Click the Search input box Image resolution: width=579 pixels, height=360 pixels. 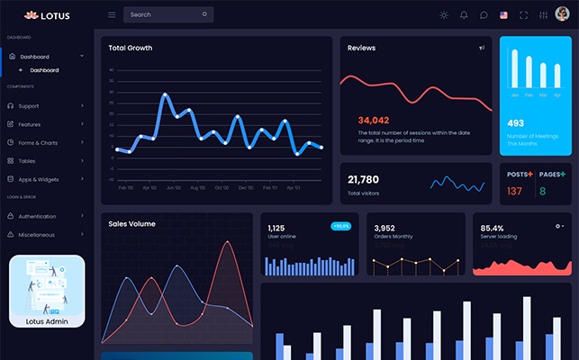pyautogui.click(x=167, y=14)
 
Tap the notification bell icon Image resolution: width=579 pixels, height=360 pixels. pyautogui.click(x=464, y=15)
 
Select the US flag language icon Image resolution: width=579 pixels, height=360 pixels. pyautogui.click(x=503, y=15)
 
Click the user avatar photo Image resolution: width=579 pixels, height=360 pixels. pyautogui.click(x=562, y=14)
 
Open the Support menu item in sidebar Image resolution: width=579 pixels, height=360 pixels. pyautogui.click(x=29, y=106)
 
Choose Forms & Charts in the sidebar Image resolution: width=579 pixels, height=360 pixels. pyautogui.click(x=37, y=142)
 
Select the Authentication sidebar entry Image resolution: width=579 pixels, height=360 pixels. pyautogui.click(x=37, y=216)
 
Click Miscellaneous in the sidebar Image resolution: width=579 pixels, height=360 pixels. pyautogui.click(x=36, y=235)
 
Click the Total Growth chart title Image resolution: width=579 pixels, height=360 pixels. pyautogui.click(x=131, y=48)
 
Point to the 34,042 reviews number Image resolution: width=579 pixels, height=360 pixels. pyautogui.click(x=374, y=120)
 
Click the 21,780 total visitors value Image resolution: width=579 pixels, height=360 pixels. pyautogui.click(x=363, y=179)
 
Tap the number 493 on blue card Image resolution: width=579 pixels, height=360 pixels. pyautogui.click(x=515, y=123)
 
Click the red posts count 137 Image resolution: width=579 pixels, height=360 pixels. pyautogui.click(x=514, y=191)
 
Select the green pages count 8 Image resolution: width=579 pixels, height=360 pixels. pyautogui.click(x=543, y=191)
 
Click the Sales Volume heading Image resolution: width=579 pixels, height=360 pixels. pyautogui.click(x=131, y=223)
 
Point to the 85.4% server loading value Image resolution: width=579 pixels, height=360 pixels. pyautogui.click(x=493, y=229)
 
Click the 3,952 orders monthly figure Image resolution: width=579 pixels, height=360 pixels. pyautogui.click(x=384, y=229)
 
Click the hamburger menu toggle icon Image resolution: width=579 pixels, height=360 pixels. pyautogui.click(x=112, y=15)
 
